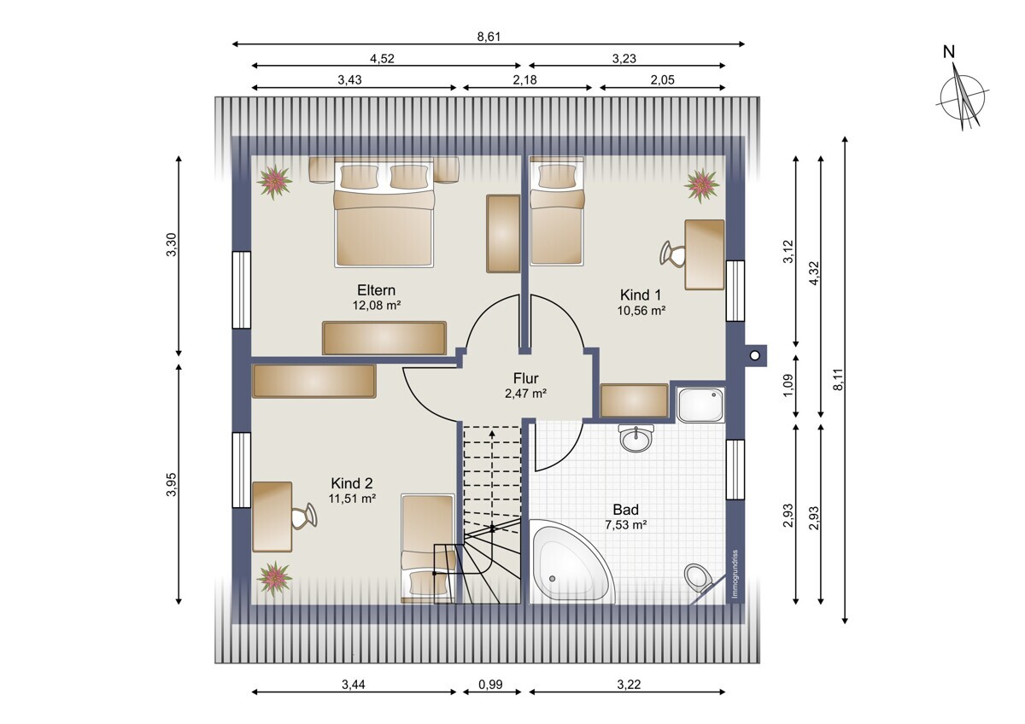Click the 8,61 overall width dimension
488,36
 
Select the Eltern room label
376,290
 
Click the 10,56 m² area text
641,311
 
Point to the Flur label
525,378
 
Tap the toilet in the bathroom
700,578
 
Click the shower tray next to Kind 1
700,404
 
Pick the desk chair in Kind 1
672,254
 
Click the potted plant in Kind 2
275,578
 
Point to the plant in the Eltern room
275,181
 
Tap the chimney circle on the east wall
754,354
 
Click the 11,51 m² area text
353,499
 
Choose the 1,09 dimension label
788,386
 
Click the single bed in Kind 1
556,218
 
